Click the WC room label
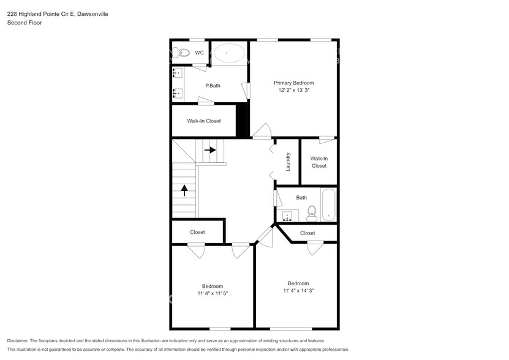(199, 53)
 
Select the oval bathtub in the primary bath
(228, 53)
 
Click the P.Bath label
(213, 86)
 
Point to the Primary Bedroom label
(293, 83)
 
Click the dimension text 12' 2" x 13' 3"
(293, 91)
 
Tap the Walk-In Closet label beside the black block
(203, 121)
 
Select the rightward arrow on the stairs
(210, 149)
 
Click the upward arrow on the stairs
(184, 190)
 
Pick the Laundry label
(287, 162)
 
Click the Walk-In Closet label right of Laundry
(319, 162)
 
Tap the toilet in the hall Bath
(311, 212)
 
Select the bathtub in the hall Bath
(329, 205)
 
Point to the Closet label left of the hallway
(197, 232)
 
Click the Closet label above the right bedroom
(307, 233)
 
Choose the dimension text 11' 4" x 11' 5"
(213, 294)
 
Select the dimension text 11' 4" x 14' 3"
(298, 291)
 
